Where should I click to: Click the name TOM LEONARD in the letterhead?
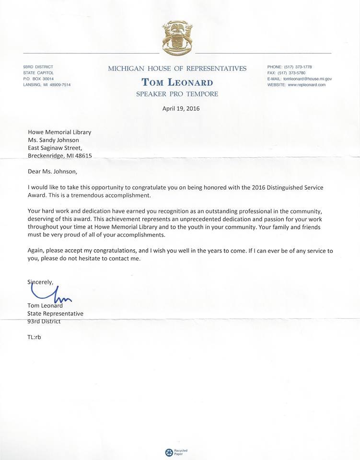tap(177, 82)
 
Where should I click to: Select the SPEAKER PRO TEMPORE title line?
tap(177, 94)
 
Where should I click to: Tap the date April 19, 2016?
tap(181, 108)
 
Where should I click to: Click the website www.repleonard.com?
tap(307, 85)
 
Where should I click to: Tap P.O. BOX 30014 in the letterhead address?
tap(38, 79)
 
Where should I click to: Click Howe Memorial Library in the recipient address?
tap(59, 132)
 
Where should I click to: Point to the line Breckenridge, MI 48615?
tap(59, 156)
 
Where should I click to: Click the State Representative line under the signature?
tap(55, 313)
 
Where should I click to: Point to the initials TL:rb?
tap(35, 337)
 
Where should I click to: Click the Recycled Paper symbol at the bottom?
tap(169, 452)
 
